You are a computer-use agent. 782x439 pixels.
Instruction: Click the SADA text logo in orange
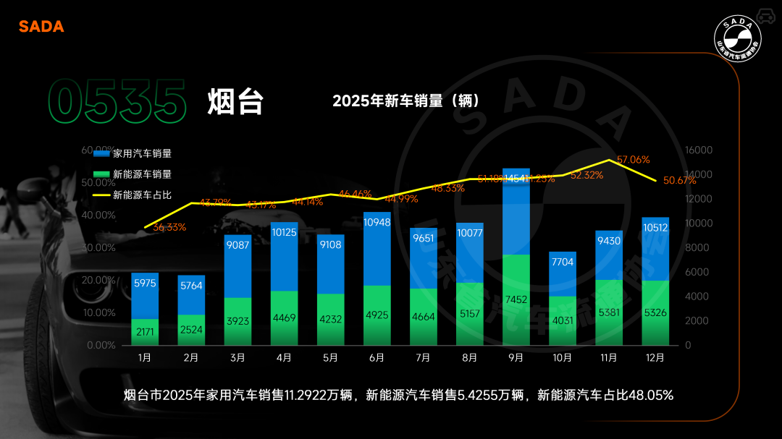[41, 27]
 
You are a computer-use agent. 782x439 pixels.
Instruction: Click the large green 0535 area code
[115, 102]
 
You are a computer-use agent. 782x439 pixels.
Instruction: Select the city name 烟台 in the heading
[235, 102]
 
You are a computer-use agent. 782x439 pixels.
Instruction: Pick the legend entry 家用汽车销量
[142, 153]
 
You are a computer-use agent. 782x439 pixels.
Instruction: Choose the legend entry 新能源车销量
[142, 174]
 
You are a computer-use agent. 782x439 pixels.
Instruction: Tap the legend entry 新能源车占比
[142, 195]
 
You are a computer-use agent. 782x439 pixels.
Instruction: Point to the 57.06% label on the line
[633, 159]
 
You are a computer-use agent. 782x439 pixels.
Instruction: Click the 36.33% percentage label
[169, 227]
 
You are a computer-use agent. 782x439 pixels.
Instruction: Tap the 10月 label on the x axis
[562, 357]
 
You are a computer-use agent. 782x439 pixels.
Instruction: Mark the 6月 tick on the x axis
[377, 357]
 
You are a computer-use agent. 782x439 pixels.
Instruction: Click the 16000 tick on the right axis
[698, 150]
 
